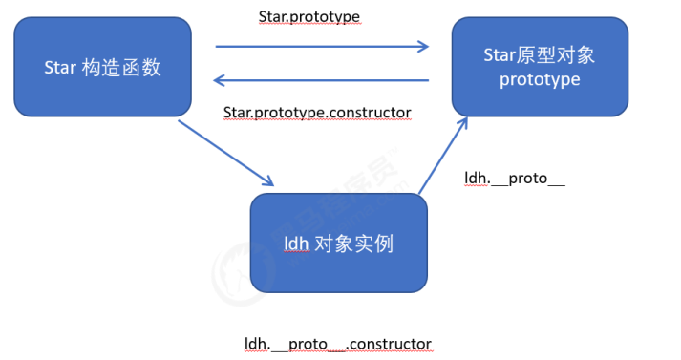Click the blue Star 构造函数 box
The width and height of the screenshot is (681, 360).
[102, 67]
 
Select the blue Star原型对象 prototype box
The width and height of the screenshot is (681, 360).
[540, 67]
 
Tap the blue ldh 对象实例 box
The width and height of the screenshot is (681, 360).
[338, 244]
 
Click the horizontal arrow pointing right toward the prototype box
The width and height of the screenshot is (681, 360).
[321, 45]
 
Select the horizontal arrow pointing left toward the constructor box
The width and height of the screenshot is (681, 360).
[321, 81]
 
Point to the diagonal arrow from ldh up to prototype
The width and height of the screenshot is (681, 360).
[443, 158]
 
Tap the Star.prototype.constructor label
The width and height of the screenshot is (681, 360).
[316, 113]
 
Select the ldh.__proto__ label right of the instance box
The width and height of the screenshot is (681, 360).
[514, 179]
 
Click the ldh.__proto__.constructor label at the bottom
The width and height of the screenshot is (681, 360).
[338, 343]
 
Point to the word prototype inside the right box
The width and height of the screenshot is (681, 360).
[540, 79]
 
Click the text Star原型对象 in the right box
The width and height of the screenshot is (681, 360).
[540, 54]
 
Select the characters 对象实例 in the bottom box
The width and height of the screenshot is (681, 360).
[352, 244]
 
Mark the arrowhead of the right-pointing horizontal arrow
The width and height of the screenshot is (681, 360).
[422, 45]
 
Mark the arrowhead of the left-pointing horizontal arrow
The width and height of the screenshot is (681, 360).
[220, 81]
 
